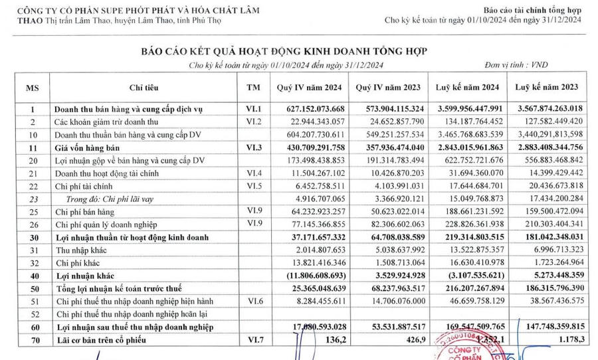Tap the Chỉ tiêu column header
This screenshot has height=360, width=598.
coord(143,88)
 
